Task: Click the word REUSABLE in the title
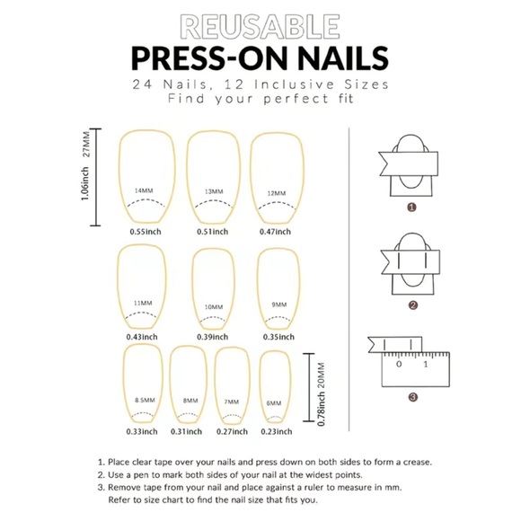point(260,27)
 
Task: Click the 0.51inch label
point(210,232)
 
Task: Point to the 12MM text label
point(278,193)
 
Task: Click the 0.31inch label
point(190,431)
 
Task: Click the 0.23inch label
point(276,431)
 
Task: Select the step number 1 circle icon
point(411,207)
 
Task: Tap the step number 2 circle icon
point(411,305)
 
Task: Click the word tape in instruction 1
point(186,463)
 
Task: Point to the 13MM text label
point(214,191)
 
